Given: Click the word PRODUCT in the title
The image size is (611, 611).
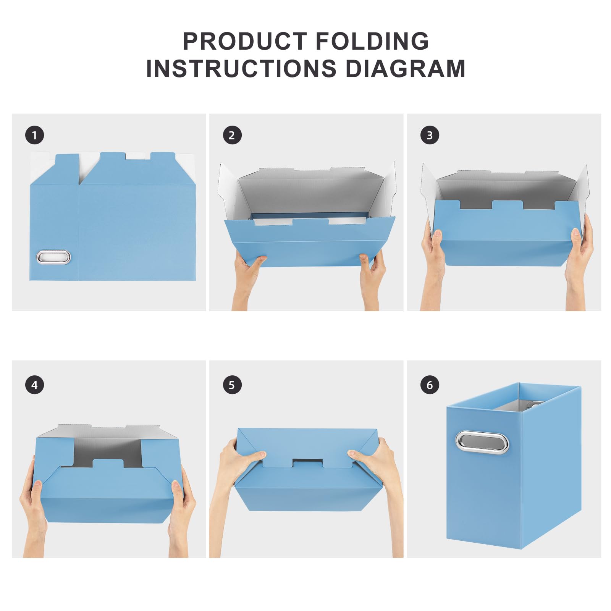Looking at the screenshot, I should (x=245, y=41).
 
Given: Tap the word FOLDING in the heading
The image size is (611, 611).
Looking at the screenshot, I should (x=372, y=41).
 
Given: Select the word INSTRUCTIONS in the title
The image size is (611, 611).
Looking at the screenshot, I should (x=241, y=69).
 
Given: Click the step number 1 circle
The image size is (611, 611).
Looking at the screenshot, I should (x=35, y=135).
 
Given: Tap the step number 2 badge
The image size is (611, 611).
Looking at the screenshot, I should (x=232, y=135).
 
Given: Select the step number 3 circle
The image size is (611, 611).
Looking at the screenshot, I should (x=430, y=135).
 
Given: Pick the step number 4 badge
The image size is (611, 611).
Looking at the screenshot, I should (x=35, y=385).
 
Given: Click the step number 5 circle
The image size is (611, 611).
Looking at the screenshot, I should (x=232, y=385).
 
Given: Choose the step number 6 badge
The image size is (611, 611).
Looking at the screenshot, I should (x=430, y=385).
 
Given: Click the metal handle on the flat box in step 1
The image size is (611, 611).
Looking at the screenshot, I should (x=53, y=257).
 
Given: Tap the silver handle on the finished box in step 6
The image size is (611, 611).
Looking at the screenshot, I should (x=482, y=442).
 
